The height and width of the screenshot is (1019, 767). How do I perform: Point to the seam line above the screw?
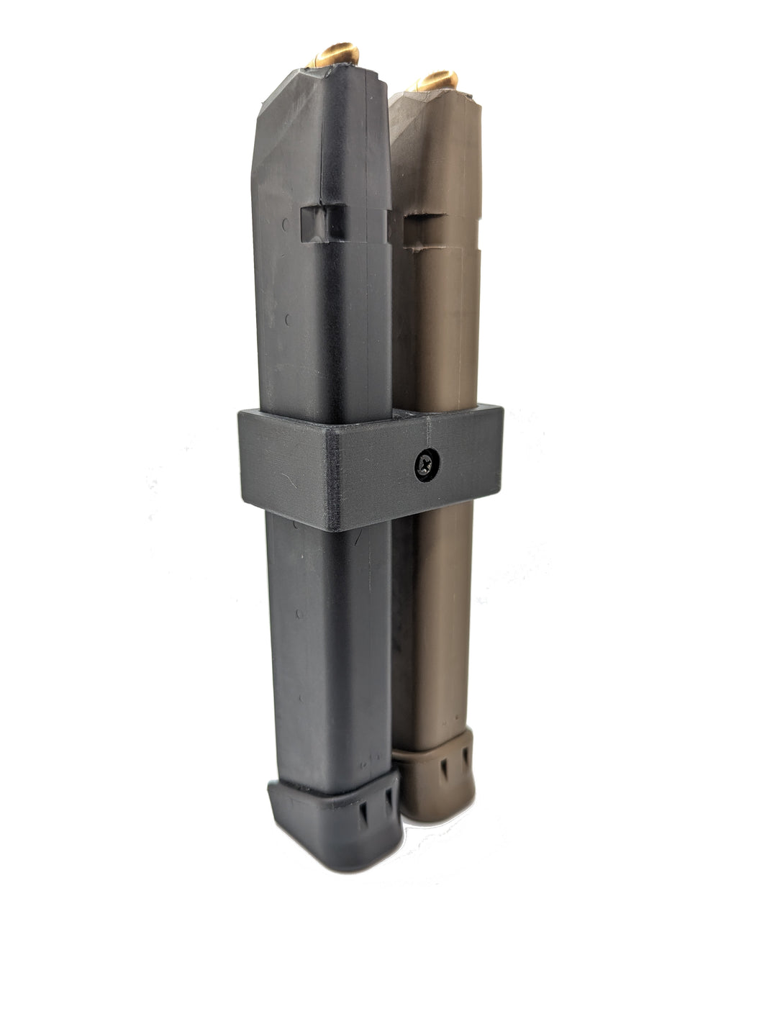point(427,432)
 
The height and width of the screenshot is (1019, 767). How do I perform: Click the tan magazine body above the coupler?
point(435,324)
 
